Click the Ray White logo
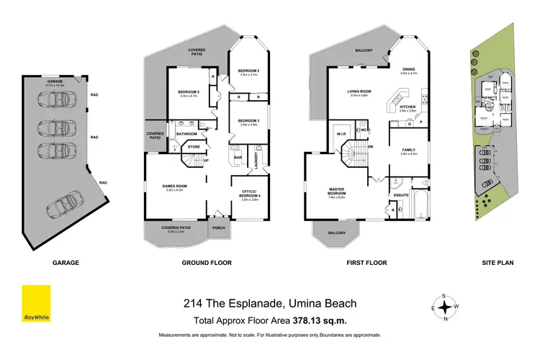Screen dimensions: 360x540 pyautogui.click(x=35, y=304)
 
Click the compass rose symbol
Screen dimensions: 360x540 pyautogui.click(x=446, y=307)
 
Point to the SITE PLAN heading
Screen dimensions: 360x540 pyautogui.click(x=497, y=263)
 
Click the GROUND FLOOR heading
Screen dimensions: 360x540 pyautogui.click(x=207, y=263)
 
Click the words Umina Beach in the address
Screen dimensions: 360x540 pyautogui.click(x=321, y=304)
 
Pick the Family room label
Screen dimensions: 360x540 pyautogui.click(x=410, y=150)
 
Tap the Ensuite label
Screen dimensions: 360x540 pyautogui.click(x=401, y=194)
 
